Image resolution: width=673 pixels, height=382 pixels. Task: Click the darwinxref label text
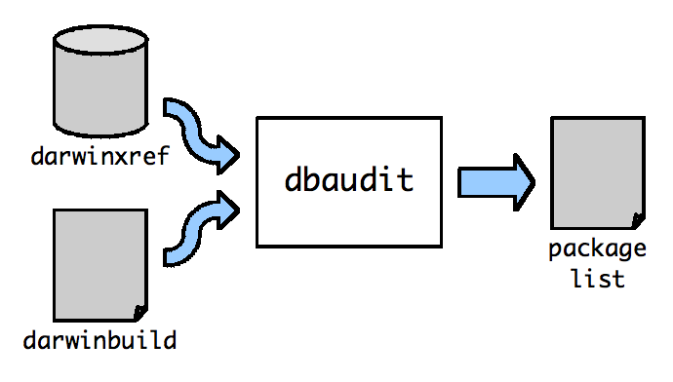coord(100,156)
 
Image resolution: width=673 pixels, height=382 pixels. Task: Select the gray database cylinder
coord(100,81)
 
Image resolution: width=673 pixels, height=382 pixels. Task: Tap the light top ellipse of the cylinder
coord(100,40)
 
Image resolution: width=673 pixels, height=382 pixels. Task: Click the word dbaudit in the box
coord(349,179)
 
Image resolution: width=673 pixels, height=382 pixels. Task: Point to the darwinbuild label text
coord(99,340)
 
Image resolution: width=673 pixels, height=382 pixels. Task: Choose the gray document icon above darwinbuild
coord(100,265)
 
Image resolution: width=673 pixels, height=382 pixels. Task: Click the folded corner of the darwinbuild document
coord(140,313)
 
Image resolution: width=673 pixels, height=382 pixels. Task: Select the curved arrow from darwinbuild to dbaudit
coord(197,229)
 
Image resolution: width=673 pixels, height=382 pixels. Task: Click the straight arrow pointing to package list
coord(495,182)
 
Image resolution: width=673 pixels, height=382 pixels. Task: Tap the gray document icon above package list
coord(598,172)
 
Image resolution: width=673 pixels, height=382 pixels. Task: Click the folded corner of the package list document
coord(638,220)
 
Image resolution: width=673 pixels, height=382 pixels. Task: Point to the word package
coord(598,249)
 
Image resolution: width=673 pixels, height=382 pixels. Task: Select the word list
coord(598,279)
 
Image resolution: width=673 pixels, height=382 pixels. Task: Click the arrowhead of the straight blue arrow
coord(525,182)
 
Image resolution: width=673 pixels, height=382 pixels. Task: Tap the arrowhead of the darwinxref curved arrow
coord(228,155)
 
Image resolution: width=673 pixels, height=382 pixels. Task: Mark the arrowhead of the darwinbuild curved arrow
coord(228,210)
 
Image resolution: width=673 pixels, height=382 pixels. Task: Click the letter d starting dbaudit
coord(294,179)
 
